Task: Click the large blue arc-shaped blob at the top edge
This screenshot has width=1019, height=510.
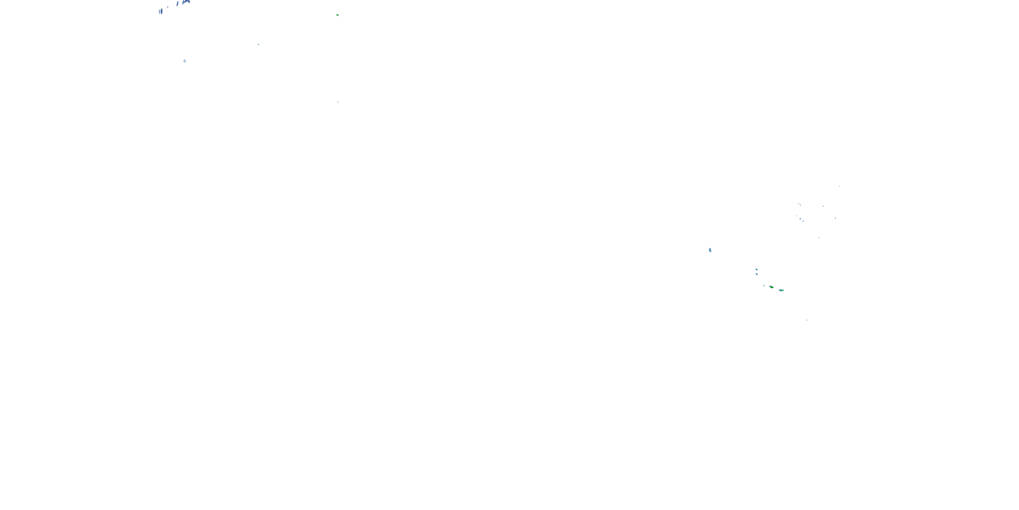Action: point(186,2)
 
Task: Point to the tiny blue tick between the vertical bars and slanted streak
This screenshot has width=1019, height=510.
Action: point(168,7)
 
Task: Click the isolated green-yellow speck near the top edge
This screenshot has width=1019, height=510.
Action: point(337,15)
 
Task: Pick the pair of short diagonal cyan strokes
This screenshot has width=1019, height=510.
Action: point(185,61)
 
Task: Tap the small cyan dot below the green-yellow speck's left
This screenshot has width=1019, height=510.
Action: point(259,44)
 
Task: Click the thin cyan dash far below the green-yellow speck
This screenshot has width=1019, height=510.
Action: point(338,102)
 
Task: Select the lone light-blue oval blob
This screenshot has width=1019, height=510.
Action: point(710,250)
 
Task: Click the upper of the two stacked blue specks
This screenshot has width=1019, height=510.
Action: point(756,269)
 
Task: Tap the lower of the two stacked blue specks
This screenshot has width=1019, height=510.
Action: point(757,274)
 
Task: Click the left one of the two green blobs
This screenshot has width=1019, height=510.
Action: point(771,287)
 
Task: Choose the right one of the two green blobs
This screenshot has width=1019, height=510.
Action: point(781,290)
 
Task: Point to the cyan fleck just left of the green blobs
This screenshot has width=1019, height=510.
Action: point(764,286)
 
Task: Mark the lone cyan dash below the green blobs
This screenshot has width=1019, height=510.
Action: point(807,320)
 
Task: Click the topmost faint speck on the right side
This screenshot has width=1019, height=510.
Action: point(839,186)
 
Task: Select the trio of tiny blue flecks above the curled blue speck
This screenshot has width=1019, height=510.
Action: point(800,204)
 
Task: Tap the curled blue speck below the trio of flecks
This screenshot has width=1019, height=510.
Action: point(801,219)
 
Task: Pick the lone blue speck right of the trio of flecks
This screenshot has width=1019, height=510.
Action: point(823,206)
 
